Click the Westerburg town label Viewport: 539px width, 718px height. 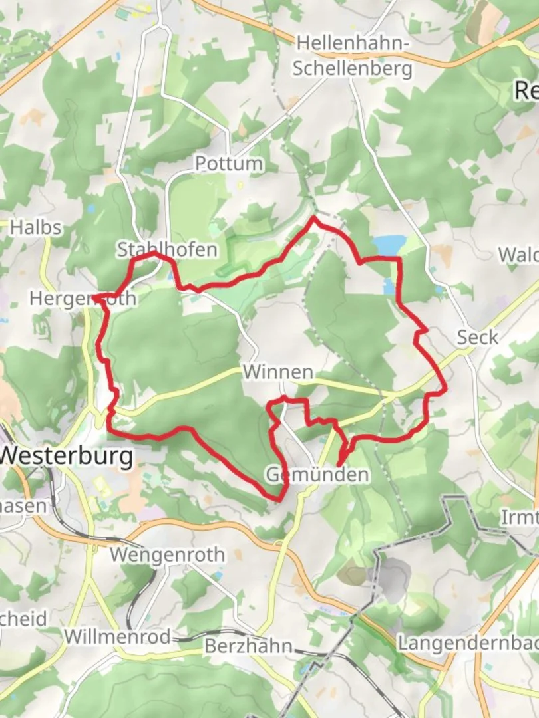[66, 457]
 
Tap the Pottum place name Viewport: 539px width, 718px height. [228, 164]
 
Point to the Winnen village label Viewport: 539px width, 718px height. [278, 372]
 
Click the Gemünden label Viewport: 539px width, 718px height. [317, 475]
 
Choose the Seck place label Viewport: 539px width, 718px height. [477, 337]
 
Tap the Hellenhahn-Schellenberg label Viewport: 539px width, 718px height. [353, 55]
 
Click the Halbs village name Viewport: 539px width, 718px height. [36, 227]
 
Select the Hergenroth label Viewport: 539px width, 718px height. [83, 299]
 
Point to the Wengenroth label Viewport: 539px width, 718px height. [168, 554]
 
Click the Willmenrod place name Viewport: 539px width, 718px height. [117, 636]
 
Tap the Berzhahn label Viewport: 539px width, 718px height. [248, 646]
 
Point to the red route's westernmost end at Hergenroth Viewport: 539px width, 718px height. [94, 296]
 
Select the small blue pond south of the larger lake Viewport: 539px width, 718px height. [389, 286]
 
